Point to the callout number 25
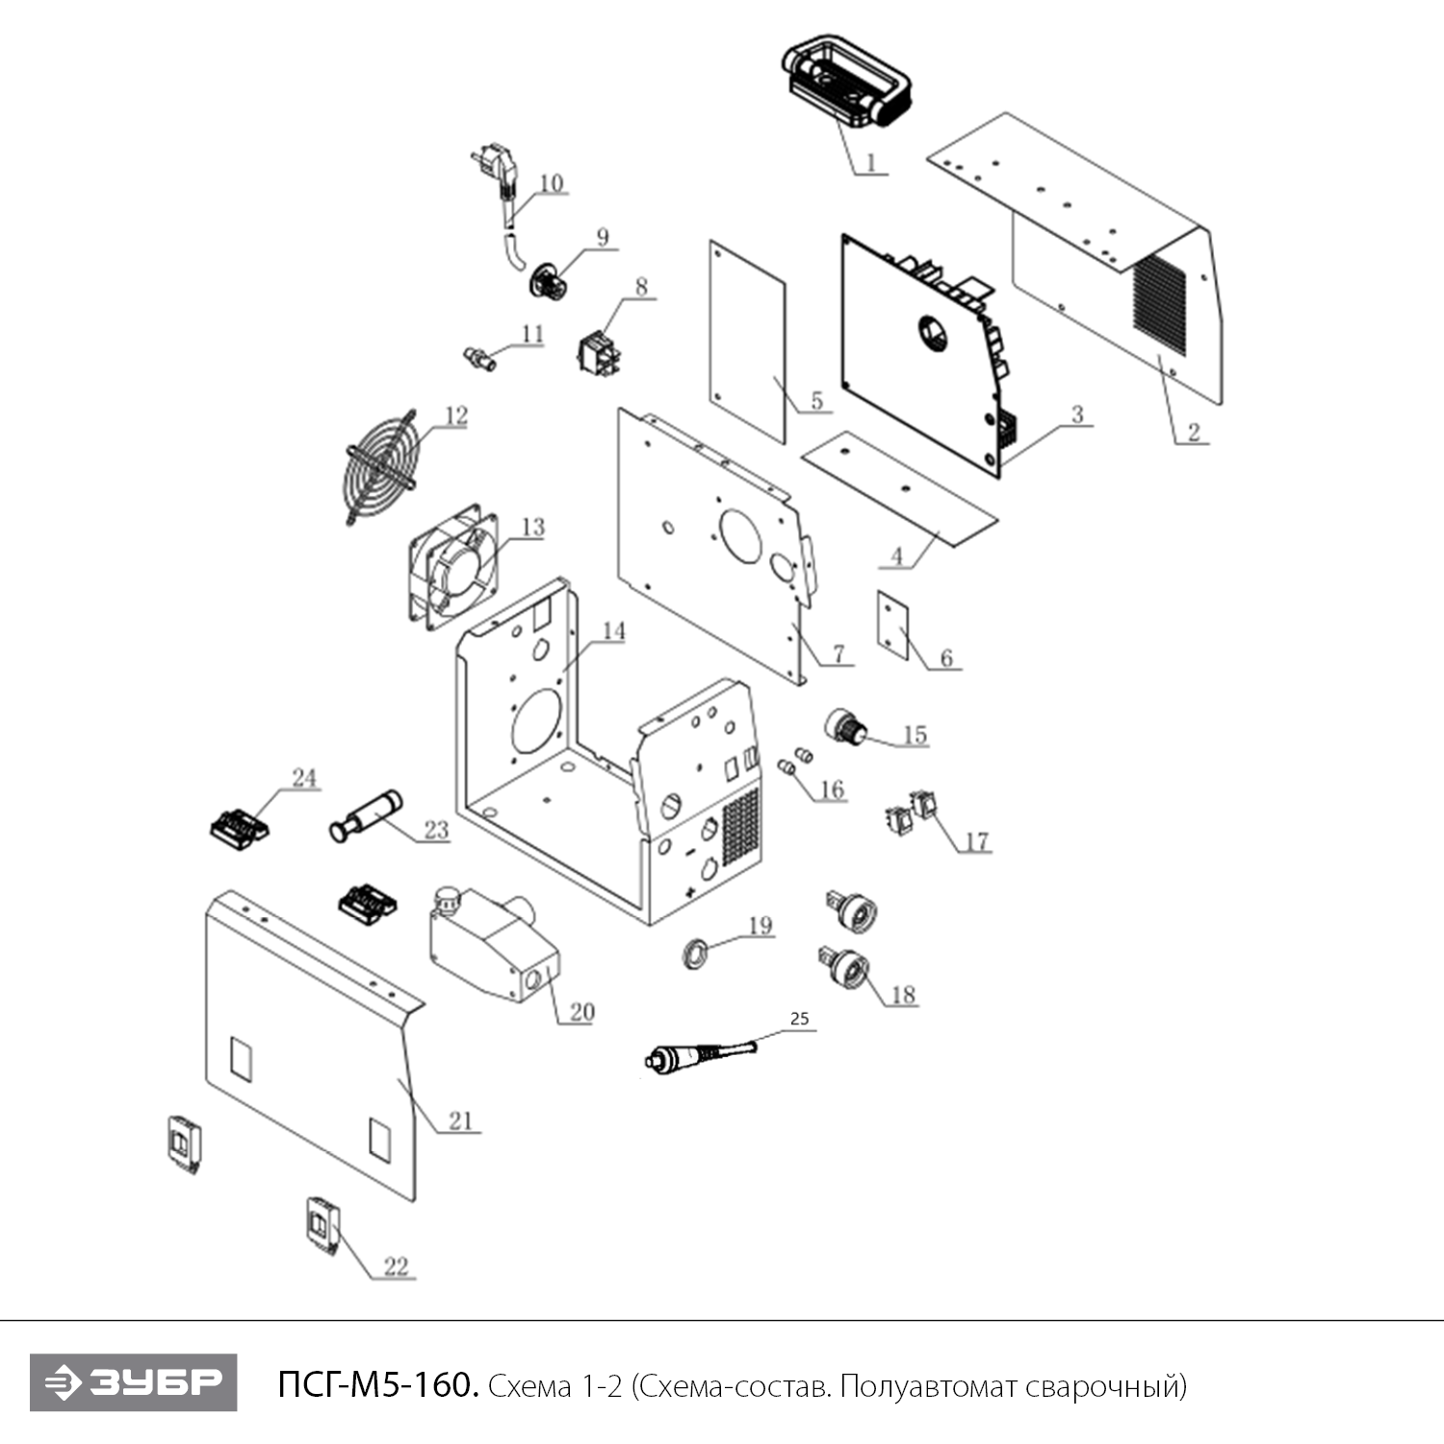799,1019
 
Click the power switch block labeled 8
600,351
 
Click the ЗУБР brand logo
133,1382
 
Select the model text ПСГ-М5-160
376,1385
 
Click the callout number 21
461,1121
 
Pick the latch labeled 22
321,1225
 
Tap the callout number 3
1077,415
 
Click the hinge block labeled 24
239,827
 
